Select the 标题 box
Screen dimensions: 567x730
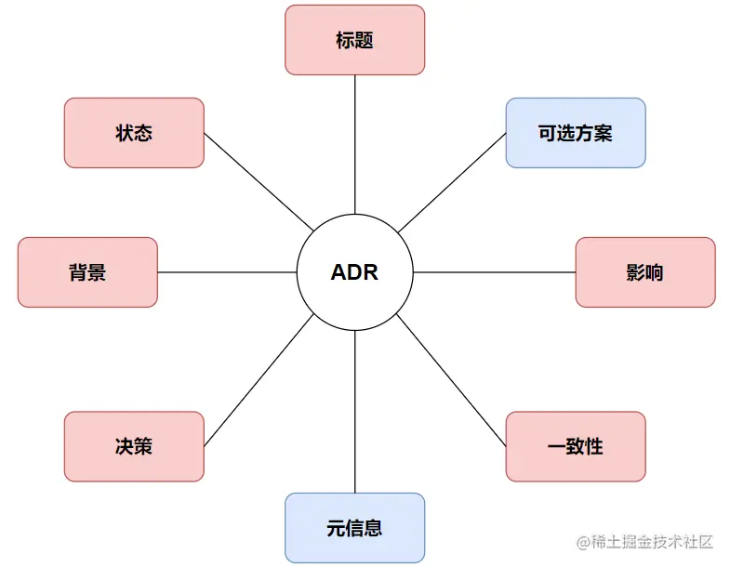(354, 40)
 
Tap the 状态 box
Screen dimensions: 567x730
(134, 133)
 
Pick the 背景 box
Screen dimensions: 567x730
(87, 272)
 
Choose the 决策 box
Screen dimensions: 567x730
(134, 446)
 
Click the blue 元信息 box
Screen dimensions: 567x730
(354, 528)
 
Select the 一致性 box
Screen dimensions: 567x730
(576, 446)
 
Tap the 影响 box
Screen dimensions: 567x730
(645, 272)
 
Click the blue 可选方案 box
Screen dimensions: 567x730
(576, 133)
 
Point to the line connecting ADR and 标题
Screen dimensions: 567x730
(354, 144)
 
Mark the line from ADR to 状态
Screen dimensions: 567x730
(258, 181)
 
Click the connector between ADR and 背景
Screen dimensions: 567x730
(227, 272)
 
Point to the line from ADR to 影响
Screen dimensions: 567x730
(494, 272)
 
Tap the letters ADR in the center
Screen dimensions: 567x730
(354, 273)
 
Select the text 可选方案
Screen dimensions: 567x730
(576, 133)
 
